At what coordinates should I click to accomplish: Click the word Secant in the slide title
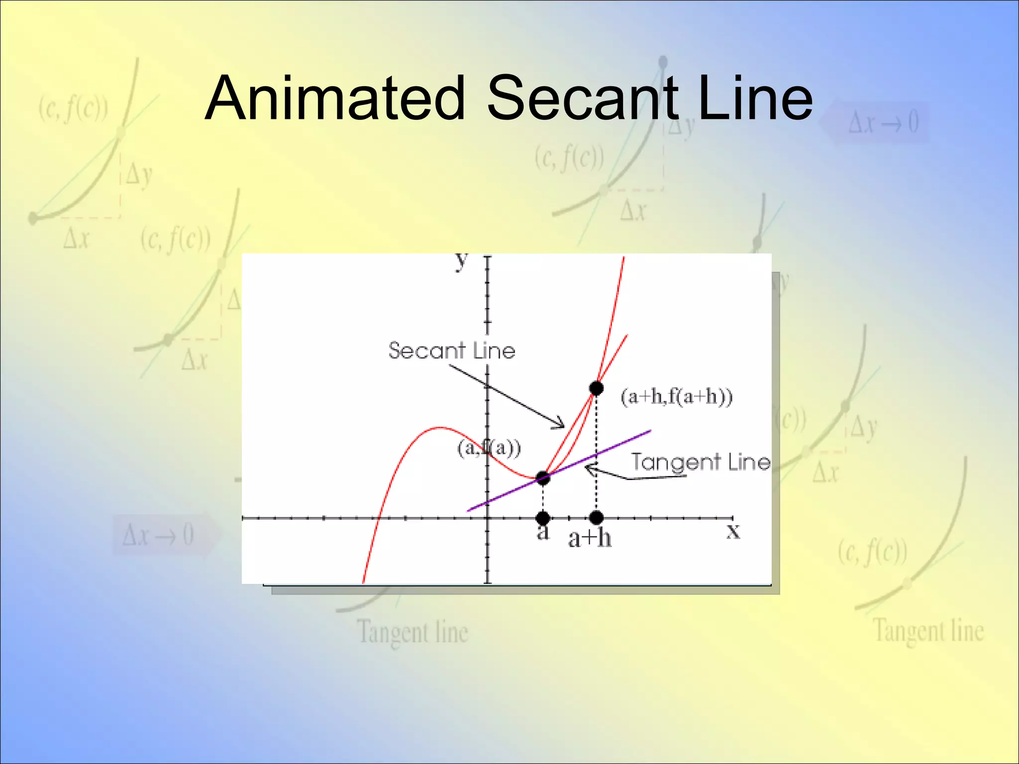(582, 98)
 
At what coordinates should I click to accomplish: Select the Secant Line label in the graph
(452, 351)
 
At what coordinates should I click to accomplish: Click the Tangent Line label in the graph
(701, 462)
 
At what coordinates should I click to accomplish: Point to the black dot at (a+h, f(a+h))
(596, 388)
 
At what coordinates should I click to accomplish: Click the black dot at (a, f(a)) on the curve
(543, 478)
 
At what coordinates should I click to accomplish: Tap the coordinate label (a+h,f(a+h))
(677, 397)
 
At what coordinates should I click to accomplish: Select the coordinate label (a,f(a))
(489, 448)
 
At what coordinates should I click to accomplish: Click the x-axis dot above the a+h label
(596, 518)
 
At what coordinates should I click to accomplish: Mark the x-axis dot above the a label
(543, 518)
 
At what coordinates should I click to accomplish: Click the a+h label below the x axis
(590, 538)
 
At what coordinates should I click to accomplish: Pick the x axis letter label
(733, 531)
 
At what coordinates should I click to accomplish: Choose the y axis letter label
(462, 260)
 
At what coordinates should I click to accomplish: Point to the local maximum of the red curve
(440, 427)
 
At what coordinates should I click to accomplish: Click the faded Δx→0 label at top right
(883, 122)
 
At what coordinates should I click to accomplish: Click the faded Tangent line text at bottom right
(928, 631)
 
